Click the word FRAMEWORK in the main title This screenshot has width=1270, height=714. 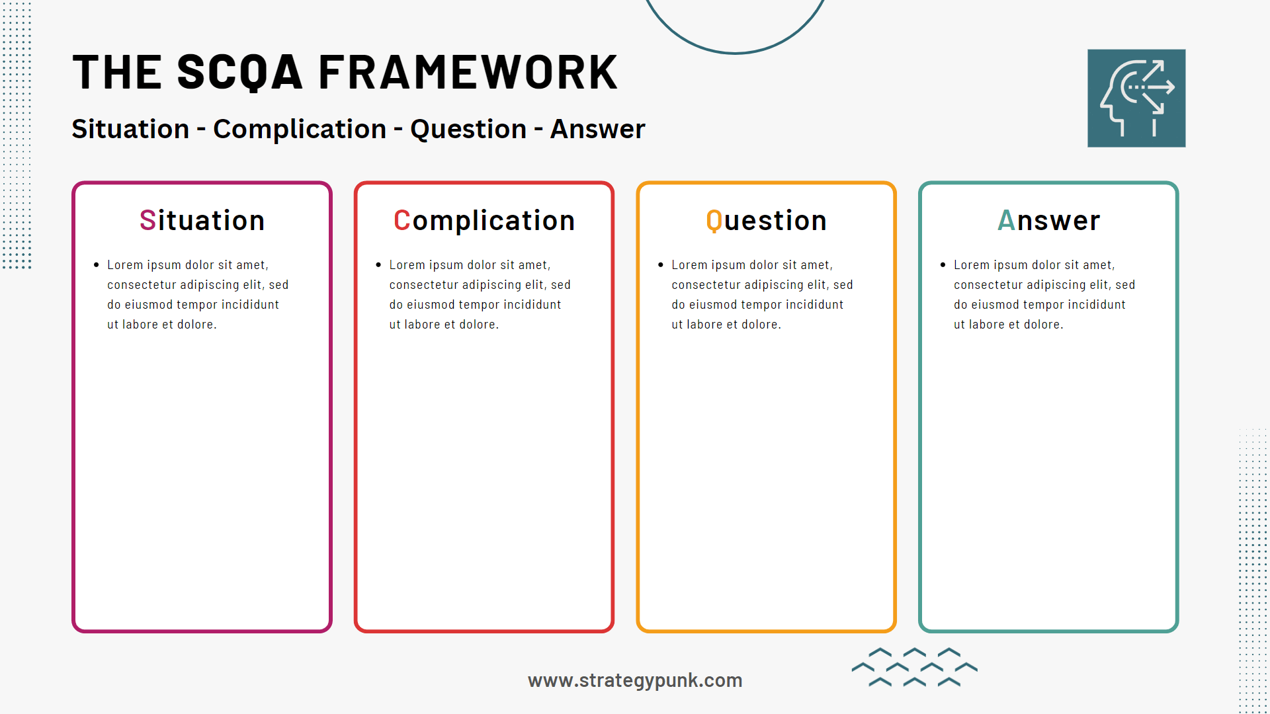[x=468, y=73]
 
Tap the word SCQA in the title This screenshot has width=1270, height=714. [x=239, y=73]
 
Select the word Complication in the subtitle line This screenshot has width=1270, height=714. [x=299, y=130]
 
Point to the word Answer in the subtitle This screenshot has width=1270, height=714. [x=597, y=130]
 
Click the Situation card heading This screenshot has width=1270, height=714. [x=202, y=221]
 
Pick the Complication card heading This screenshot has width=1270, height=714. [x=484, y=221]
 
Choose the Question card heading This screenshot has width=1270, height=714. [x=766, y=221]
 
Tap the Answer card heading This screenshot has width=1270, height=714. [x=1048, y=221]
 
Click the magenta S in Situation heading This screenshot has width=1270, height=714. [x=148, y=221]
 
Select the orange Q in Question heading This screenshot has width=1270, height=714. [x=714, y=221]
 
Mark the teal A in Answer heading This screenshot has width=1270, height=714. [x=1006, y=221]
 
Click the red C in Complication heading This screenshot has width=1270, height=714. [x=402, y=221]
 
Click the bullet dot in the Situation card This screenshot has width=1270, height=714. [x=97, y=265]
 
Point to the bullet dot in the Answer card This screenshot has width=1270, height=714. [x=943, y=265]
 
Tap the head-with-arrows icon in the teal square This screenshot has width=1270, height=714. [x=1136, y=98]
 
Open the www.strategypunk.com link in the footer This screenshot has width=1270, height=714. [x=635, y=680]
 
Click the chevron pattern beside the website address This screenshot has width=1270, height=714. [x=914, y=667]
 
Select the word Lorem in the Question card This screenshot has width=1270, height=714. [x=689, y=265]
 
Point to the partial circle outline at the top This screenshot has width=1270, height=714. [x=734, y=52]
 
